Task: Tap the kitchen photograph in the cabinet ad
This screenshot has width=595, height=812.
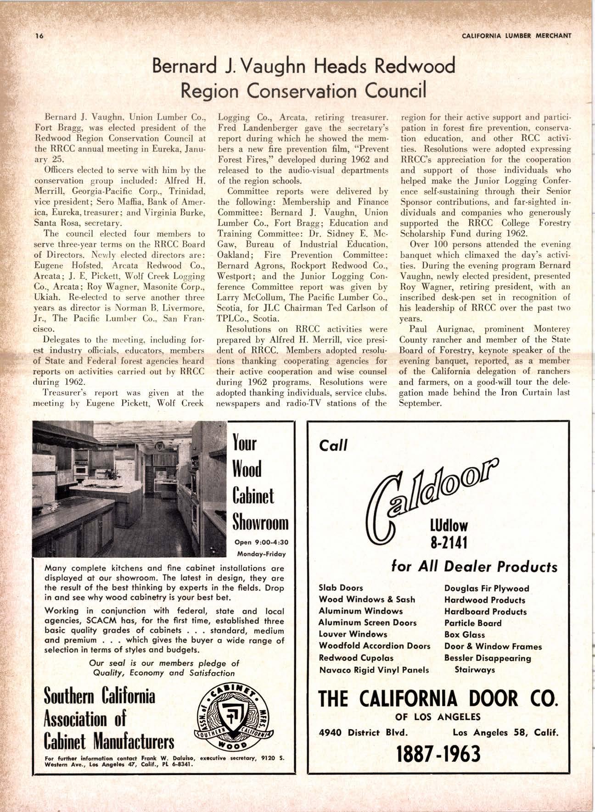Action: (x=129, y=489)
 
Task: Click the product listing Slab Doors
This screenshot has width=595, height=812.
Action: (x=341, y=588)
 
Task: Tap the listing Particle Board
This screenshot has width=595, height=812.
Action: (x=473, y=623)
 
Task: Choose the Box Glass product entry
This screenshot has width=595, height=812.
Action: (x=465, y=634)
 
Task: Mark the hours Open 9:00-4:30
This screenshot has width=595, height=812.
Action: (x=261, y=542)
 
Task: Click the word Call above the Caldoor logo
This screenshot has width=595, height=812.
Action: (x=333, y=445)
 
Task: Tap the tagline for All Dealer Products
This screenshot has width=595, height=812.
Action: (x=474, y=567)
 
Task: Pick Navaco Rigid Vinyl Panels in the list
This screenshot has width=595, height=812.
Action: (x=374, y=669)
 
